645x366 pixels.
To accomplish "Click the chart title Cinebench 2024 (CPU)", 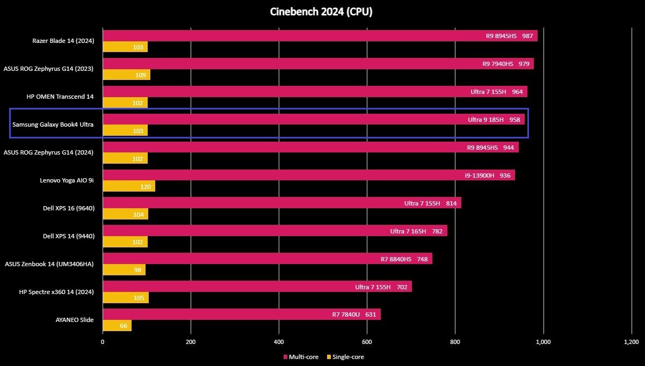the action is coord(321,12).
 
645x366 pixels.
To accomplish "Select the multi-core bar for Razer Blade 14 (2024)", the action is coord(320,35).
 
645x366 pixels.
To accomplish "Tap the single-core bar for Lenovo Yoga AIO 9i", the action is coord(129,186).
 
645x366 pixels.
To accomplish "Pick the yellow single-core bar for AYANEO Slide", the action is coord(117,325).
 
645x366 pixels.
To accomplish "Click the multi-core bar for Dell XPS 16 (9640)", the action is coord(282,203).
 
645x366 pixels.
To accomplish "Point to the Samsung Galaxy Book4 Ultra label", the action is coord(53,125).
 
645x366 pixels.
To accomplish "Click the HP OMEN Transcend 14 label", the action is coord(60,97).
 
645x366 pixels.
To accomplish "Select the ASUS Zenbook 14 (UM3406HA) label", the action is coord(49,264).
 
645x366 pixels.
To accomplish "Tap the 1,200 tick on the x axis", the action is coord(631,342).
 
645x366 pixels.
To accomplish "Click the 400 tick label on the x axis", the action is coord(279,342).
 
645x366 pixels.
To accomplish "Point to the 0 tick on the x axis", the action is coord(103,342).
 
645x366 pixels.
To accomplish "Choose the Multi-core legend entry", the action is coord(301,357).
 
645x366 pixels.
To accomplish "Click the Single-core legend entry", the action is coord(345,357).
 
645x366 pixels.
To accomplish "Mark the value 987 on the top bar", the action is coord(527,36).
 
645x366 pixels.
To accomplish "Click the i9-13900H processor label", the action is coord(480,175).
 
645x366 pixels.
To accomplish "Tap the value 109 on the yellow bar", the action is coord(141,75).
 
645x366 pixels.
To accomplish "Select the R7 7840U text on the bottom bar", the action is coord(346,314).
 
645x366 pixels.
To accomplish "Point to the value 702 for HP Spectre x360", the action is coord(402,287).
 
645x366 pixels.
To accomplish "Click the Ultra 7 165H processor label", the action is coord(408,231).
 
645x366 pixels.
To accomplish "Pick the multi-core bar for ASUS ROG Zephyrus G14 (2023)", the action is coord(318,63).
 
